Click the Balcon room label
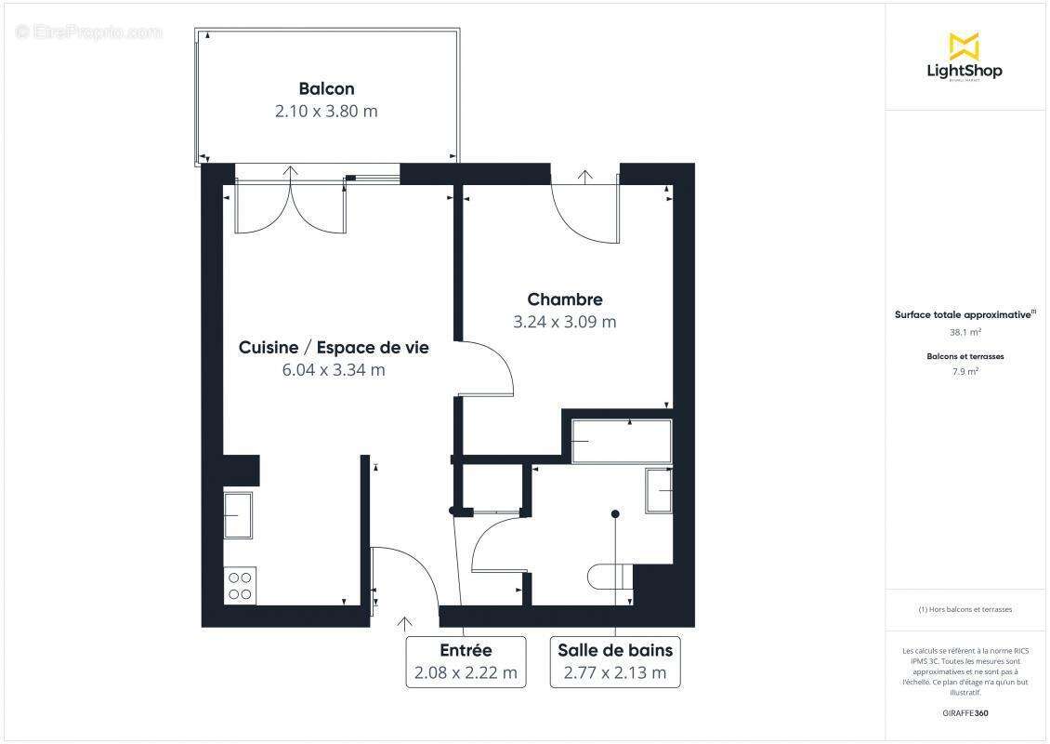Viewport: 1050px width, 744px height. pos(326,89)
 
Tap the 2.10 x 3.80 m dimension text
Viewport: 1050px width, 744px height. pos(326,112)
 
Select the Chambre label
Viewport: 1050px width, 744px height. pos(565,299)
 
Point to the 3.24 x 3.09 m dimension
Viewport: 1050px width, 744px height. pos(565,323)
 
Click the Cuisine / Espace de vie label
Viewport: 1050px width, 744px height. pos(334,348)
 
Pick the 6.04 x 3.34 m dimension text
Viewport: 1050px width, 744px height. pos(334,370)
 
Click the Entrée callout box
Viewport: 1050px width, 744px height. pos(466,661)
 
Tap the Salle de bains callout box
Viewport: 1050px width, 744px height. pos(614,661)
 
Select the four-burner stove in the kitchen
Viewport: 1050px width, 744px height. pos(240,585)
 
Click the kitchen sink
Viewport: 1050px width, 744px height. pos(238,514)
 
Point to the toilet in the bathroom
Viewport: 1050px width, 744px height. pos(609,576)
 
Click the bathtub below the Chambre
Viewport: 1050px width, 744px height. pos(621,441)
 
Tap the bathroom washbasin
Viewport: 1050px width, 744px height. pos(660,489)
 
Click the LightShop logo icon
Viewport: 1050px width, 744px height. pos(964,46)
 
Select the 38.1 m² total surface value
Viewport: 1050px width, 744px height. pos(965,330)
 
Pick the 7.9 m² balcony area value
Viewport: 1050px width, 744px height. pos(965,371)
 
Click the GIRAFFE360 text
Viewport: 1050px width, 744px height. pos(965,712)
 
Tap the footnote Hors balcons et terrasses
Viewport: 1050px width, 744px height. pos(965,610)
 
